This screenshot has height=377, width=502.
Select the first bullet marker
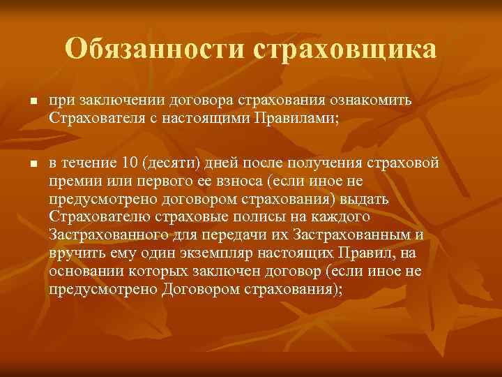tap(24, 103)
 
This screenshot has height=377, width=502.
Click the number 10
tap(130, 163)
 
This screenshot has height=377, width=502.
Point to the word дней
tap(221, 164)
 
